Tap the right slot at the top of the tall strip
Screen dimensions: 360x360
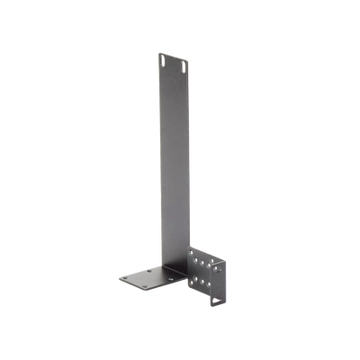click(x=184, y=66)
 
